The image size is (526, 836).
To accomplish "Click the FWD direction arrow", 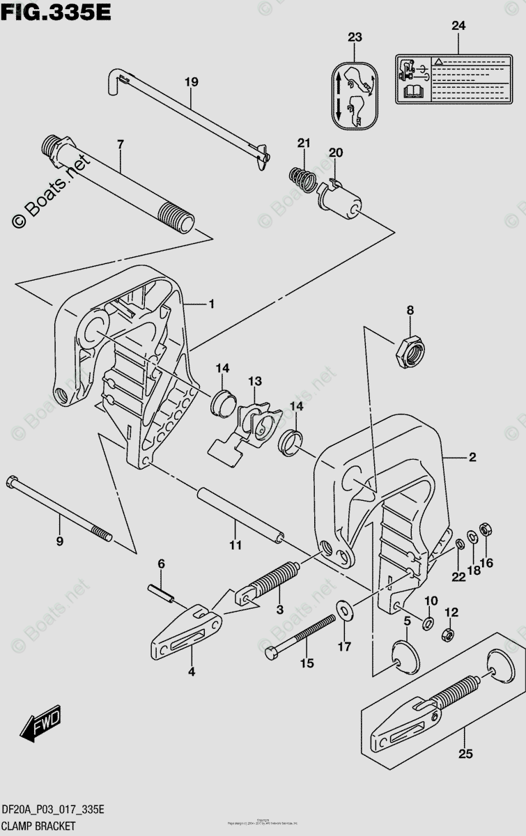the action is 41,725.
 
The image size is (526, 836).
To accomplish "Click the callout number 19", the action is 191,82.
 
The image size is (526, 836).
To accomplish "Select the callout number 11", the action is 235,545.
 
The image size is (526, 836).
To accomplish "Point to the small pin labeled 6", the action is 162,591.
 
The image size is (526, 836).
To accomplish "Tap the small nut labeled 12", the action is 449,635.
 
